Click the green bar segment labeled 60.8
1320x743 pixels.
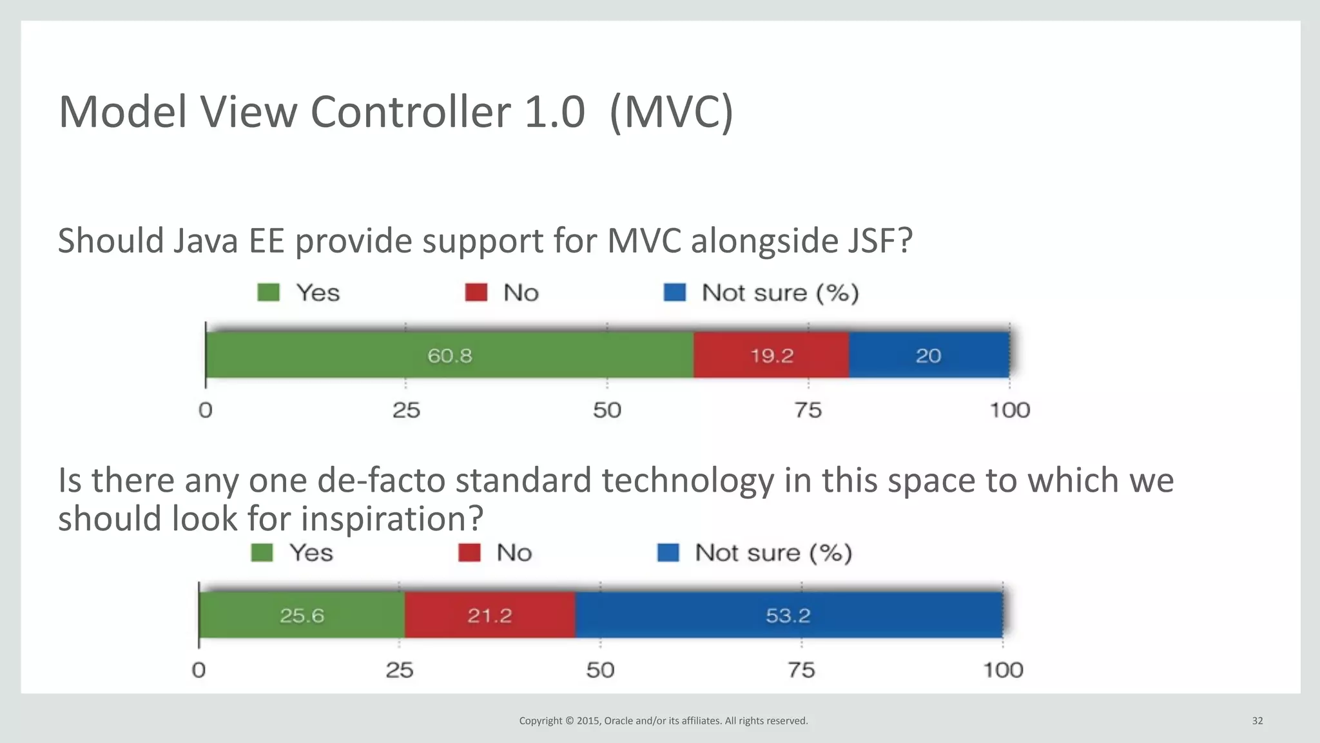(x=449, y=355)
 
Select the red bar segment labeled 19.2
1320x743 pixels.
(x=771, y=355)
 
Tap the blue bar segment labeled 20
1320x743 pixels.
(x=928, y=355)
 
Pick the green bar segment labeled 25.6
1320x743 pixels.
(x=302, y=615)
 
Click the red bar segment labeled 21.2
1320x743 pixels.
(x=489, y=615)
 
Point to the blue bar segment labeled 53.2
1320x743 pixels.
(x=788, y=615)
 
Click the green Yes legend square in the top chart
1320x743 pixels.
(x=268, y=293)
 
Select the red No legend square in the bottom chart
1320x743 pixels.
(x=469, y=553)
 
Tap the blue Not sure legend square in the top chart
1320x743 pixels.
(x=675, y=293)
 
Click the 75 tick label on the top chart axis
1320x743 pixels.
(x=808, y=410)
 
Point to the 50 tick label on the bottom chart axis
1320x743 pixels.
(x=600, y=670)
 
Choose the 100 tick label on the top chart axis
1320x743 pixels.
(x=1009, y=410)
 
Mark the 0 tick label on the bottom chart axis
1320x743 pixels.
(x=199, y=670)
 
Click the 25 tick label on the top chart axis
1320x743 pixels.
(x=406, y=410)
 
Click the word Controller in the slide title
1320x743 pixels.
(x=411, y=112)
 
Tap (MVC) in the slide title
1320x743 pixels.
(x=670, y=112)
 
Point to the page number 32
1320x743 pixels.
(x=1257, y=720)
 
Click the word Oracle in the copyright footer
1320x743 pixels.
(x=618, y=720)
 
